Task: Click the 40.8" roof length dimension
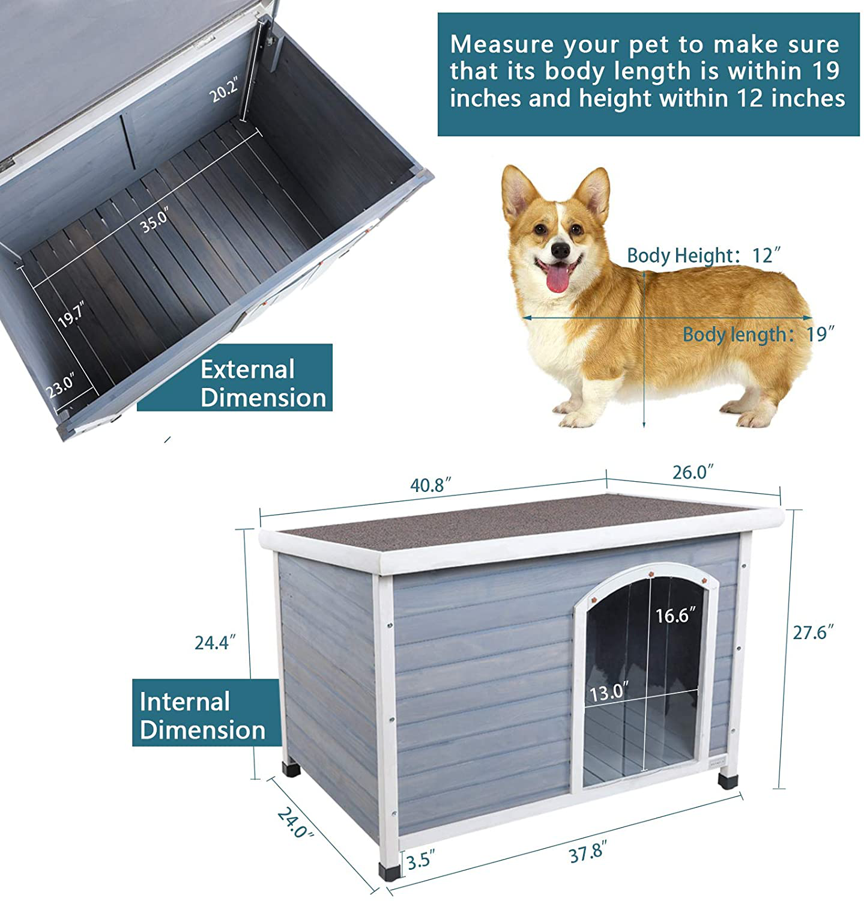(x=430, y=485)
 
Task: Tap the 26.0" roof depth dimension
(x=693, y=472)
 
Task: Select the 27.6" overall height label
(x=814, y=632)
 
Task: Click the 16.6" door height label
(x=676, y=615)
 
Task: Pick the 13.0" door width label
(x=609, y=692)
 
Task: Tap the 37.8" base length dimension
(x=588, y=853)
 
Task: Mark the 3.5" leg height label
(x=420, y=861)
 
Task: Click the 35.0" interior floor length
(x=155, y=219)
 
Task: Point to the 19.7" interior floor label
(x=71, y=315)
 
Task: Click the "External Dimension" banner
(x=235, y=378)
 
